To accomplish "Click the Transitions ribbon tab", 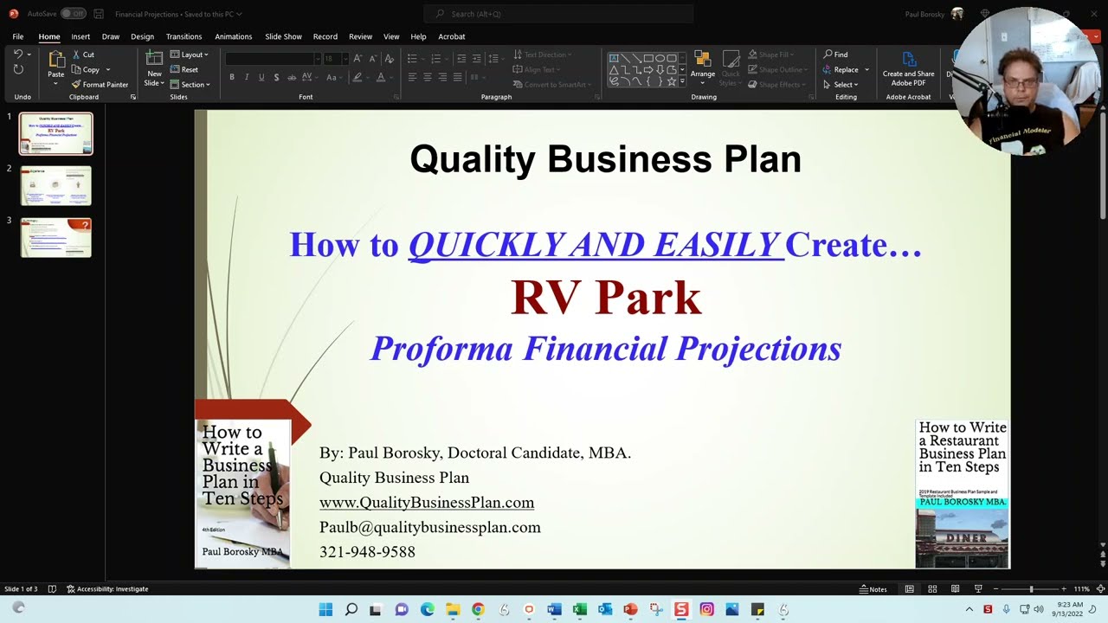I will pos(184,36).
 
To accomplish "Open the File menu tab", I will pos(17,36).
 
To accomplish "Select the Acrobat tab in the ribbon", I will pos(451,36).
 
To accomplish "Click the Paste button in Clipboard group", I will pos(55,65).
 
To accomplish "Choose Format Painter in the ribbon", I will pos(100,85).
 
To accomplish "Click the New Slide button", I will pos(153,67).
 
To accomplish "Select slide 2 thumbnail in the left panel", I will pos(55,185).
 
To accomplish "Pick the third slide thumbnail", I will pos(55,237).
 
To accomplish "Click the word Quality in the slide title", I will pos(473,160).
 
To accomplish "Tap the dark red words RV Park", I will pos(605,297).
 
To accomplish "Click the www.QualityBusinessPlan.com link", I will pos(426,503).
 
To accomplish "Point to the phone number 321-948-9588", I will pos(367,552).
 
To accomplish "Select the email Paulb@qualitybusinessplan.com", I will pos(429,527).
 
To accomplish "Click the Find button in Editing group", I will pos(835,55).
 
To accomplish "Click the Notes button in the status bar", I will pos(873,589).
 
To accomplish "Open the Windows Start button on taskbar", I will pos(325,610).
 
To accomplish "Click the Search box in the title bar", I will pos(558,14).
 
